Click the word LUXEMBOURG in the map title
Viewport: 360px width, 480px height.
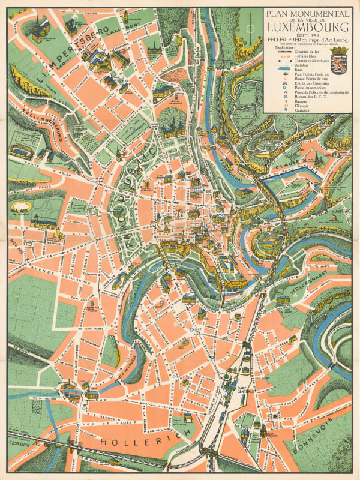307,26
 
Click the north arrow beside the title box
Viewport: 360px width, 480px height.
251,23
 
